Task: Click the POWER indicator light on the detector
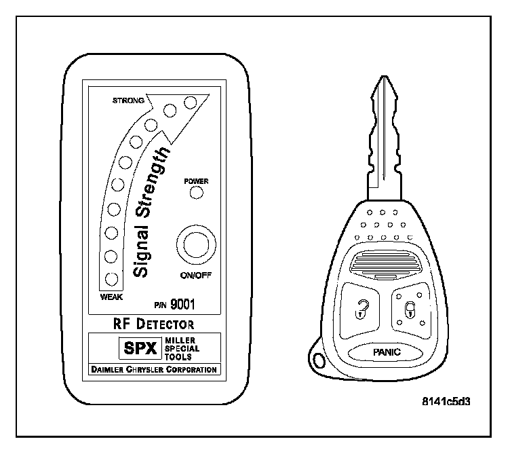coord(197,193)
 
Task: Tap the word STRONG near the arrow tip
coord(128,100)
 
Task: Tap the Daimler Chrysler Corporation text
coord(153,370)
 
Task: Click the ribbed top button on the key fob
coord(382,262)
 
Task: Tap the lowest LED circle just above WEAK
coord(111,278)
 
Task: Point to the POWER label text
coord(197,181)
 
